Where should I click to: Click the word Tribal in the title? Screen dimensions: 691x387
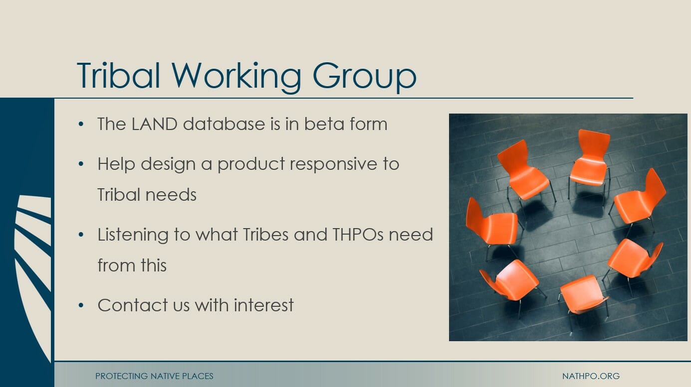[x=118, y=75]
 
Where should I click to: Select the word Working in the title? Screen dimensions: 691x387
[x=236, y=77]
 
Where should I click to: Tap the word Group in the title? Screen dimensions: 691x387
[x=365, y=78]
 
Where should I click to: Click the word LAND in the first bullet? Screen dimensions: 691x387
[x=154, y=124]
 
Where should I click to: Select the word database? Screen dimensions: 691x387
[x=224, y=124]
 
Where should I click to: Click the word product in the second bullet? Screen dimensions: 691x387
[x=251, y=164]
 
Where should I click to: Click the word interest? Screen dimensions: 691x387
[x=264, y=305]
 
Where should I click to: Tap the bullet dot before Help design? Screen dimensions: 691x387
[x=81, y=164]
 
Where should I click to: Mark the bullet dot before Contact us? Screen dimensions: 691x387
[x=81, y=305]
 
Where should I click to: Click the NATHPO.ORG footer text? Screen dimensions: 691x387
[x=591, y=376]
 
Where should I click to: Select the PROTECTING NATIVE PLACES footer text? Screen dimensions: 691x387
[x=154, y=376]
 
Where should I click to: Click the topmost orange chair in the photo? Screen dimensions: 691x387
[x=589, y=163]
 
